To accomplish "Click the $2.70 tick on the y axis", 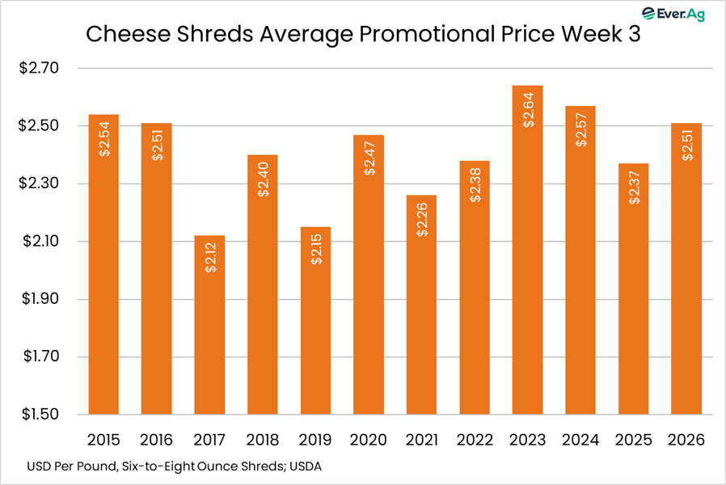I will (x=39, y=69).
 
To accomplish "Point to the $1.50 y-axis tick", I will (x=39, y=415).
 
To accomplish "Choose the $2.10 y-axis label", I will (x=39, y=242).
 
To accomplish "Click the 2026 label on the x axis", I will (x=687, y=440).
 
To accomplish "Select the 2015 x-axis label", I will (x=103, y=440).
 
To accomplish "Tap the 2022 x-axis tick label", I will (x=475, y=440).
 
